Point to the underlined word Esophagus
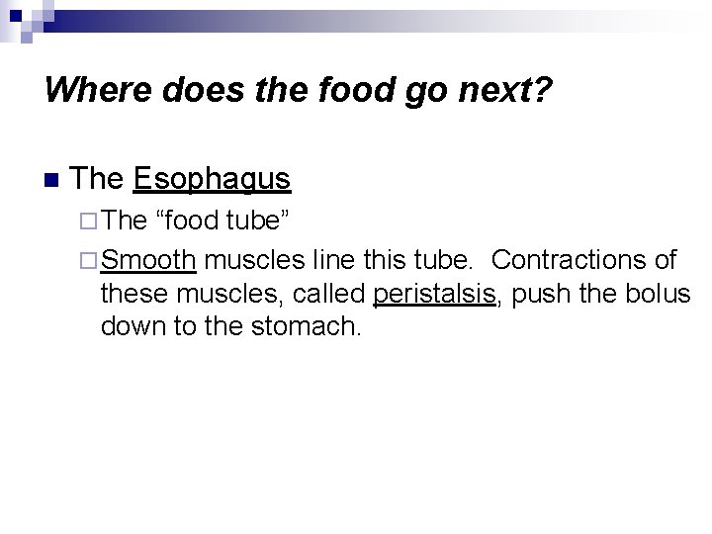(212, 180)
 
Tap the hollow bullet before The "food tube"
(89, 220)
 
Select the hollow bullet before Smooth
(89, 261)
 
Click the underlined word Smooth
(148, 261)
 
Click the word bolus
(662, 294)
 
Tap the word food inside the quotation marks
(189, 220)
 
